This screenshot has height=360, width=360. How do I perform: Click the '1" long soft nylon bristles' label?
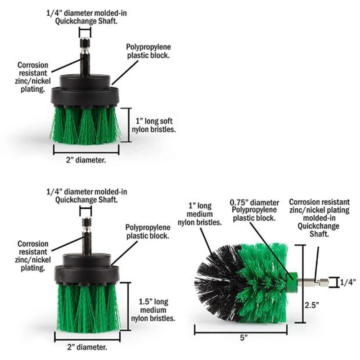pyautogui.click(x=153, y=125)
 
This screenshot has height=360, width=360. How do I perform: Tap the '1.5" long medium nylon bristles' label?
pyautogui.click(x=153, y=310)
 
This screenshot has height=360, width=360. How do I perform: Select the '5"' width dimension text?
pyautogui.click(x=243, y=338)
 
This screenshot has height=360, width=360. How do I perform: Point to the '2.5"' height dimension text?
pyautogui.click(x=312, y=306)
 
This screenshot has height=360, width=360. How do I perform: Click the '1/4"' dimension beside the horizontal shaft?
pyautogui.click(x=348, y=282)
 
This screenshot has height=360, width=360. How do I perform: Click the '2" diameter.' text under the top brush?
pyautogui.click(x=86, y=160)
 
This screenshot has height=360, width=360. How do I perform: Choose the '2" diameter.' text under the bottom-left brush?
pyautogui.click(x=87, y=347)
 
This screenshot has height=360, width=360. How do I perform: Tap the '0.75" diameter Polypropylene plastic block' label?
pyautogui.click(x=254, y=210)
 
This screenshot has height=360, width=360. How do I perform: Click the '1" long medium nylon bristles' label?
pyautogui.click(x=199, y=214)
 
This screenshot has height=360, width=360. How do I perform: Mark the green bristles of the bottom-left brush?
pyautogui.click(x=87, y=308)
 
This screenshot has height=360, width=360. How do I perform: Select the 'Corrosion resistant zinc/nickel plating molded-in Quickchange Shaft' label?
pyautogui.click(x=319, y=218)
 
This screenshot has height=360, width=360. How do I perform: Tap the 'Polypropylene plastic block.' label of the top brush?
pyautogui.click(x=148, y=51)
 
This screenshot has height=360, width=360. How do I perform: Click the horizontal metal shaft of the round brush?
pyautogui.click(x=313, y=283)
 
